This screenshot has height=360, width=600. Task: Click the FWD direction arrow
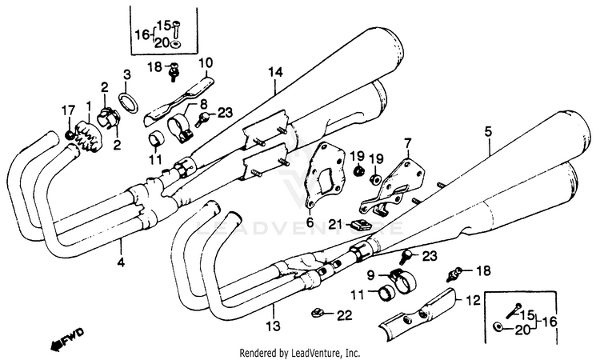tap(67, 338)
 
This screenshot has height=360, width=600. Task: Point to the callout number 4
tap(122, 262)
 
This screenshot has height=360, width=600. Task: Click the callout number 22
tap(344, 317)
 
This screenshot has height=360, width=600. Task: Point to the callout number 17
tap(67, 110)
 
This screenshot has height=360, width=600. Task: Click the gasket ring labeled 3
tap(127, 102)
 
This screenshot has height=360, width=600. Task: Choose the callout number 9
tap(370, 274)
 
